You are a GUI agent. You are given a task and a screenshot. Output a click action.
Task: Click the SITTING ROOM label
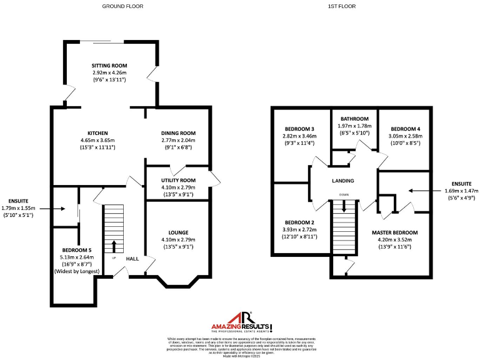[109, 66]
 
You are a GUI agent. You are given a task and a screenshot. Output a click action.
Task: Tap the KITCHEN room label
[98, 133]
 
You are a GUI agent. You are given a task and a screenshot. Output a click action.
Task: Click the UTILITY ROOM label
[178, 180]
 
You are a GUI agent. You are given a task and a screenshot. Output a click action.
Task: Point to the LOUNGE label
[178, 232]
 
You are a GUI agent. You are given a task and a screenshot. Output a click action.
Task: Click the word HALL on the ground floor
[132, 259]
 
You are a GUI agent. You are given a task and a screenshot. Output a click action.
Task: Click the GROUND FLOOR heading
[122, 6]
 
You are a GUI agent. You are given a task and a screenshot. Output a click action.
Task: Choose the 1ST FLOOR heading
[341, 6]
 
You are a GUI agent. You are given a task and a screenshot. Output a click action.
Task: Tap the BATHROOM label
[354, 119]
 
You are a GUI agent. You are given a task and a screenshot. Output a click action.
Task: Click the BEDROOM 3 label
[299, 129]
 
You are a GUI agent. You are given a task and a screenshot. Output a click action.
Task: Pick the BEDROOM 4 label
[405, 129]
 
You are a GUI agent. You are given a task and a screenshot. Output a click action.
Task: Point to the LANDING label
[343, 181]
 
